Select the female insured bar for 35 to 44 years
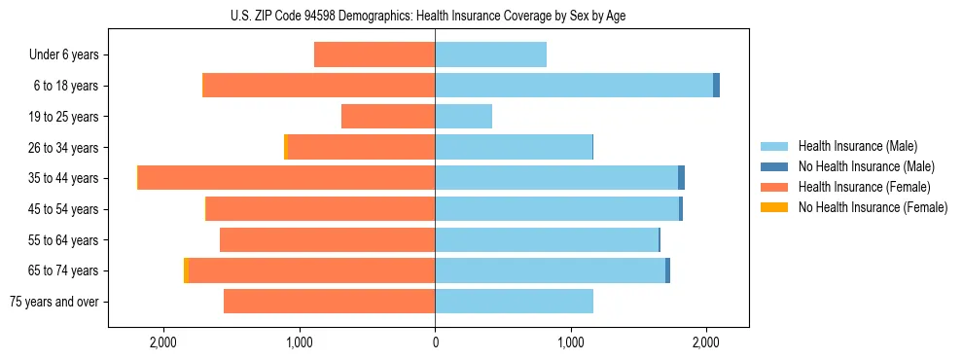click(x=287, y=178)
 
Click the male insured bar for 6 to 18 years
click(x=574, y=86)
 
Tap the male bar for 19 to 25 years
click(x=463, y=117)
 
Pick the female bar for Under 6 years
click(x=374, y=54)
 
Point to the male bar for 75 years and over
click(x=514, y=302)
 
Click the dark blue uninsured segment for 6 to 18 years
click(x=716, y=86)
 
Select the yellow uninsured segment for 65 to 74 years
click(x=186, y=270)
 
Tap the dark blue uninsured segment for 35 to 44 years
click(x=681, y=178)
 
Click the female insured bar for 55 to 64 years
click(x=328, y=240)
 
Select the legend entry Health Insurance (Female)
click(x=860, y=187)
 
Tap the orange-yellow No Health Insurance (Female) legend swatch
click(x=774, y=207)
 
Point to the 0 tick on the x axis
click(x=435, y=342)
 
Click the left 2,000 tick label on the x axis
click(x=163, y=342)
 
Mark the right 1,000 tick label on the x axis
click(x=571, y=342)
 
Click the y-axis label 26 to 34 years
click(x=63, y=148)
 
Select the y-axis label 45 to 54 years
click(x=63, y=209)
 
